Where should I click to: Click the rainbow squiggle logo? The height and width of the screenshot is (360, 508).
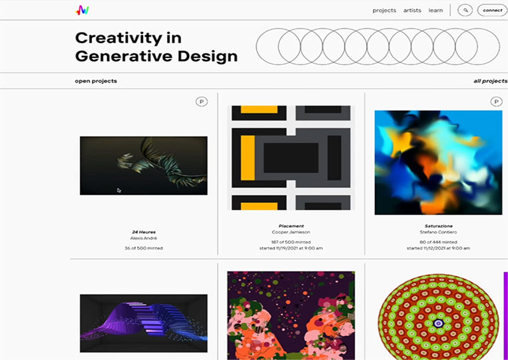(x=83, y=11)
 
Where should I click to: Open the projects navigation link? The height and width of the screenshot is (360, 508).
(x=384, y=11)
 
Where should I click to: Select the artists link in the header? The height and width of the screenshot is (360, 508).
(x=412, y=11)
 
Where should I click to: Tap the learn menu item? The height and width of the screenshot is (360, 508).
(x=435, y=11)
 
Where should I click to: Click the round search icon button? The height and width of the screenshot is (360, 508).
(x=465, y=11)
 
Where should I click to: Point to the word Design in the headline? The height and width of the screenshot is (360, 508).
(x=207, y=56)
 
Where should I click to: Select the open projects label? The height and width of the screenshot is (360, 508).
(x=96, y=81)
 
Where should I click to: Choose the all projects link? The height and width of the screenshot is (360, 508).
(x=491, y=81)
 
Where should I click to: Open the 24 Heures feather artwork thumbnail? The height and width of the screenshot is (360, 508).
(x=144, y=166)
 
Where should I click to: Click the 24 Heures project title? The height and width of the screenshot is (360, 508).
(x=144, y=232)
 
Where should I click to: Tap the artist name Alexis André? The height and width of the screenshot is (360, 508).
(x=144, y=238)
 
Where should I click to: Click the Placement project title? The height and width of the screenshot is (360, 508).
(x=291, y=226)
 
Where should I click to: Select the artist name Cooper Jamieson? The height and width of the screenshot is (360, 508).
(x=291, y=232)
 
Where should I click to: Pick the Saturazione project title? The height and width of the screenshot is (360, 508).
(x=438, y=226)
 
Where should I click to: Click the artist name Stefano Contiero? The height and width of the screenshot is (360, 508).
(x=438, y=232)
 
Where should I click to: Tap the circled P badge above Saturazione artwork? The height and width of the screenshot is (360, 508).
(x=496, y=102)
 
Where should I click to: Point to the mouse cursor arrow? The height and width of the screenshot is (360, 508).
(x=119, y=190)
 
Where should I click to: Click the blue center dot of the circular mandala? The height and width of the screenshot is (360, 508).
(x=438, y=323)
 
